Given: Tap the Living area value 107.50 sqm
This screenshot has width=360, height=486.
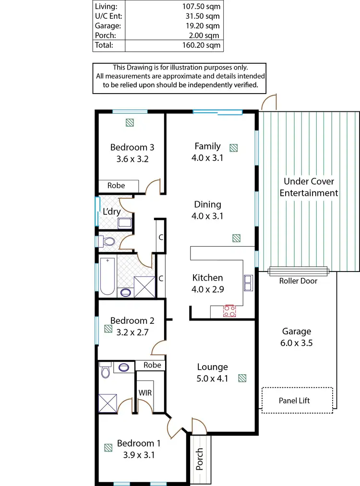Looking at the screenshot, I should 202,7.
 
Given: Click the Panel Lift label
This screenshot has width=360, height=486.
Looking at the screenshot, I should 294,400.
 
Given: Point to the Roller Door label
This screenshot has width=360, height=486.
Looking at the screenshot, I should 298,281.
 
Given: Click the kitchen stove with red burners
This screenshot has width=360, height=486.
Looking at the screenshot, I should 229,311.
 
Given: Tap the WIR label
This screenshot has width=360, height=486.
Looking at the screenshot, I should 145,392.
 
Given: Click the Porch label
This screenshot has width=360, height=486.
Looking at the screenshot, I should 200,459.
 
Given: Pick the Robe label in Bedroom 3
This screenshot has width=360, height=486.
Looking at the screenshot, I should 116,185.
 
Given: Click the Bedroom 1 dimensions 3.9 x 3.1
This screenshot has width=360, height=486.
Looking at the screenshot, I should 135,455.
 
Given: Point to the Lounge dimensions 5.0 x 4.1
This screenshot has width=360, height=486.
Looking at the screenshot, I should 212,378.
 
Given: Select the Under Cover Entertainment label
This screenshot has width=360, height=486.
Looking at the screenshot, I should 309,187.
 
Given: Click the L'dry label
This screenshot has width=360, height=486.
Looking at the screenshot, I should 111,212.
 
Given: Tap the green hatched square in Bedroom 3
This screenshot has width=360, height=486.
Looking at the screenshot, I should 130,122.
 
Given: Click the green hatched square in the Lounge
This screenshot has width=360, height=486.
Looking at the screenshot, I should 243,378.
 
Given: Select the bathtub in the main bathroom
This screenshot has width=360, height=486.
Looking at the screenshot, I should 107,276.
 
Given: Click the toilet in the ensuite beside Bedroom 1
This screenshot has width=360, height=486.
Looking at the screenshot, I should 106,370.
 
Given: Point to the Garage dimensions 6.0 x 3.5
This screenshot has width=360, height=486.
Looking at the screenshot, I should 296,343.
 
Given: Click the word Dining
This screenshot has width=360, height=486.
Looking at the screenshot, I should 207,204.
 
